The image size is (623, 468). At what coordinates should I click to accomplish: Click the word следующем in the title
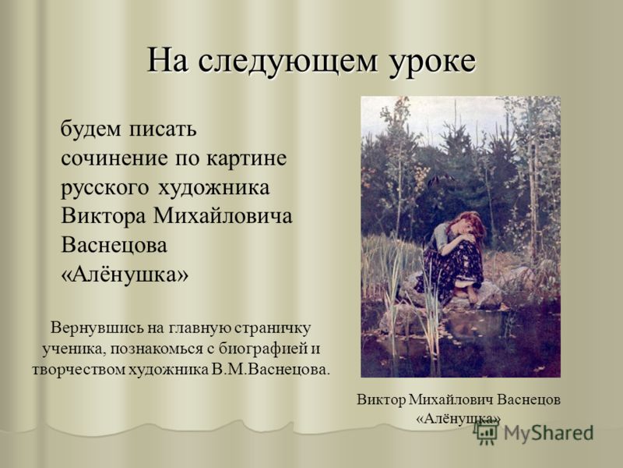point(287,62)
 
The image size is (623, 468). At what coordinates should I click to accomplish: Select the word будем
point(90,129)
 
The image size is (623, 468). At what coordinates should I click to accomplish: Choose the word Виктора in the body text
point(104,217)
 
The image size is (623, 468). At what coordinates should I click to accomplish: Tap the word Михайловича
point(223,216)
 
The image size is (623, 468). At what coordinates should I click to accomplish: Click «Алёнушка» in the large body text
point(125,275)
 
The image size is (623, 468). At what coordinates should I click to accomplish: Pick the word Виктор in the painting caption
point(381,399)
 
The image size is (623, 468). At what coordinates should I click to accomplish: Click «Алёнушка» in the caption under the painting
point(458,418)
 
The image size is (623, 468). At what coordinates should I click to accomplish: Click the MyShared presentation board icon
point(486,432)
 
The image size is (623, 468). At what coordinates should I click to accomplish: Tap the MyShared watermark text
point(548,433)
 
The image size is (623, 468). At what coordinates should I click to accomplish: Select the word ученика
point(73,349)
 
